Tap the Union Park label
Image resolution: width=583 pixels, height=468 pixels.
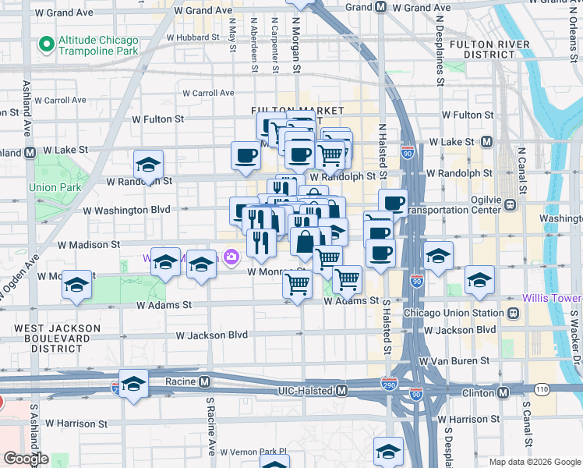pyautogui.click(x=48, y=187)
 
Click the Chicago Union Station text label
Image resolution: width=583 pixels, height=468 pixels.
pyautogui.click(x=454, y=313)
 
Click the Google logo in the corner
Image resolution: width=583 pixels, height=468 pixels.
pyautogui.click(x=26, y=459)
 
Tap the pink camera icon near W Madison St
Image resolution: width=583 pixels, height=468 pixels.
pyautogui.click(x=231, y=256)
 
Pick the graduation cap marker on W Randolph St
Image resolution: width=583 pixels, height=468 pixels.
pyautogui.click(x=148, y=165)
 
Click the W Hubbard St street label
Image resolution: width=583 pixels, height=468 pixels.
pyautogui.click(x=189, y=37)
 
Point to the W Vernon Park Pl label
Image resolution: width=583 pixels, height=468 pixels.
pyautogui.click(x=253, y=452)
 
